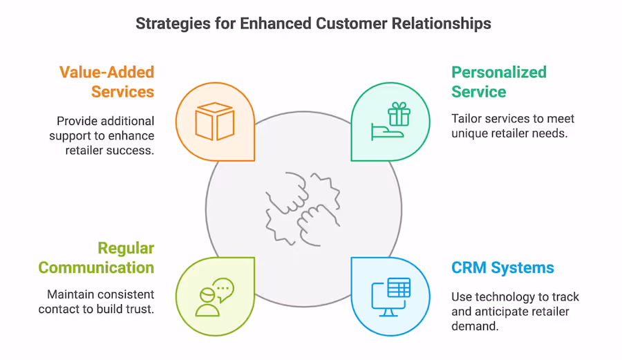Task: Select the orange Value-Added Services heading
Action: pyautogui.click(x=106, y=82)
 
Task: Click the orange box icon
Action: pyautogui.click(x=214, y=122)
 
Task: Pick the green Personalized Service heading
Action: pyautogui.click(x=498, y=82)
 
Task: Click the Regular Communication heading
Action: pyautogui.click(x=97, y=258)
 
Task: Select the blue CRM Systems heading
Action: pyautogui.click(x=502, y=267)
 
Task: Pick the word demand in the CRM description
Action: pyautogui.click(x=475, y=325)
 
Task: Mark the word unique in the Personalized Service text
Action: pyautogui.click(x=469, y=133)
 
